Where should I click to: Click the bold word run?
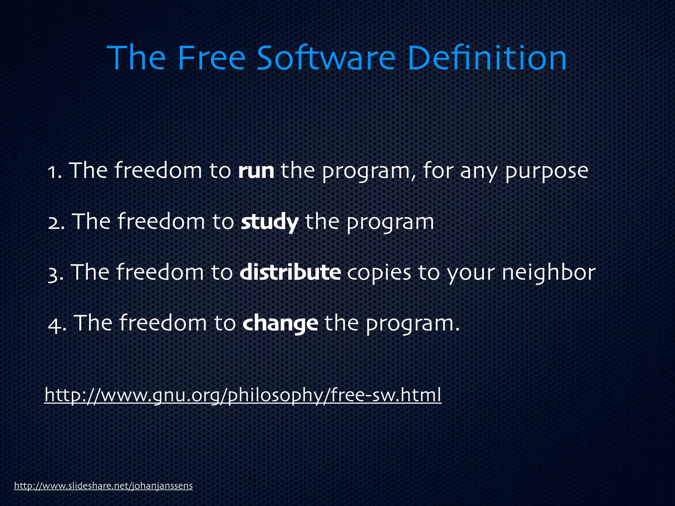point(256,171)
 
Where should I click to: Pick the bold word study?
point(270,222)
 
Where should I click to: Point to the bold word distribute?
point(290,273)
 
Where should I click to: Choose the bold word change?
point(280,323)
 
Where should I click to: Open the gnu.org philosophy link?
point(243,395)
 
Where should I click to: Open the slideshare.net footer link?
point(103,486)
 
